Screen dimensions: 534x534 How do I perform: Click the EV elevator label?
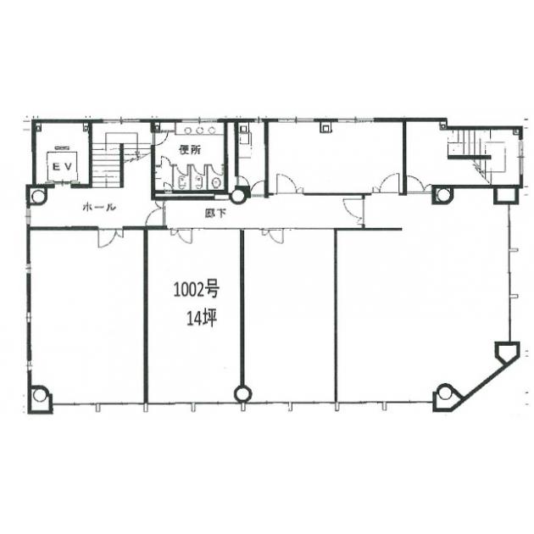point(63,167)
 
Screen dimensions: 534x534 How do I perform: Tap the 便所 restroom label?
point(190,150)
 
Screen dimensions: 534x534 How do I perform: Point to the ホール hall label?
point(99,207)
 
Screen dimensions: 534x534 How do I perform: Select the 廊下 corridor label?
point(215,214)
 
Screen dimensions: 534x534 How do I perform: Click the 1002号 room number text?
point(196,290)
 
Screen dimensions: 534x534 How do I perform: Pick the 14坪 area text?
point(202,319)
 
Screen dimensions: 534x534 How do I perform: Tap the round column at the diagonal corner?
point(444,393)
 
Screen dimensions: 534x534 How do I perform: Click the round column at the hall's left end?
point(38,196)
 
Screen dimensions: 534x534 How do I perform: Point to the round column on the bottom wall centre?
point(243,393)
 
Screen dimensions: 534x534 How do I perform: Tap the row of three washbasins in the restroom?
point(199,130)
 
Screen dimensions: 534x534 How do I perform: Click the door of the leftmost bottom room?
point(110,237)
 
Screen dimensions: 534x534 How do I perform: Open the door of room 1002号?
point(181,236)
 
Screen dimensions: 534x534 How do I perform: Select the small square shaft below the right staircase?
point(506,196)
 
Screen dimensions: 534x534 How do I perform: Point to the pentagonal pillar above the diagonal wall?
point(507,352)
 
